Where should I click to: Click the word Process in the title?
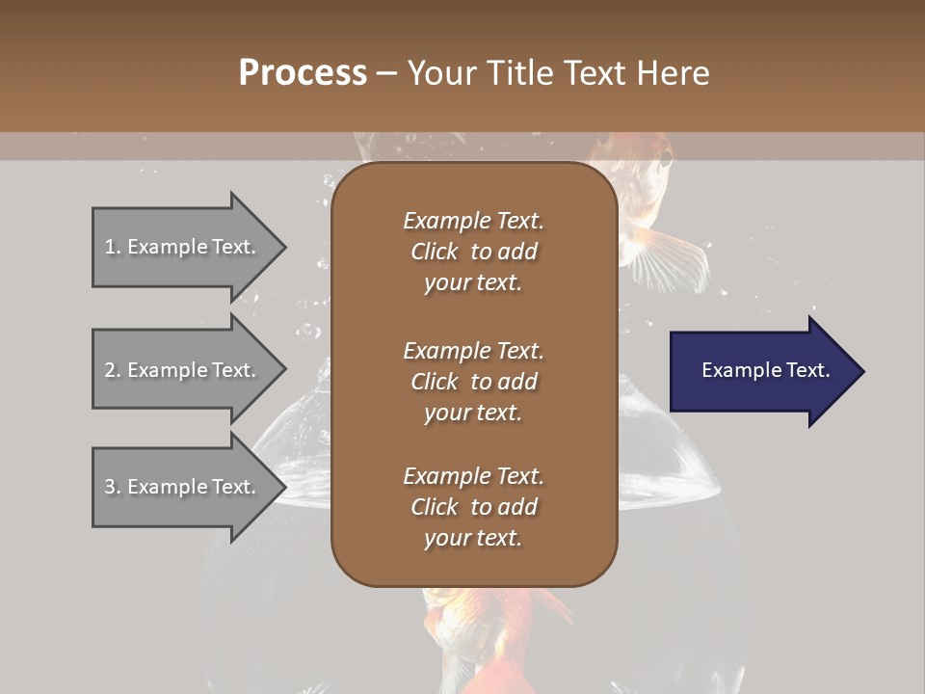tap(303, 73)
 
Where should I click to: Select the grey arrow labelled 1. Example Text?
tap(183, 247)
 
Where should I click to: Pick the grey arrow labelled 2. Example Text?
tap(183, 370)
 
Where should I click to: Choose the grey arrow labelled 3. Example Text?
tap(183, 487)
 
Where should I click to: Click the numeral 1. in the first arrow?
tap(113, 247)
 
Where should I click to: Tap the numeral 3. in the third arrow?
tap(113, 487)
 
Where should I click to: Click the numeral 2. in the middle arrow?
tap(113, 370)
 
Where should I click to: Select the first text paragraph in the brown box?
tap(473, 252)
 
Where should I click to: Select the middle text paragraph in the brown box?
tap(473, 382)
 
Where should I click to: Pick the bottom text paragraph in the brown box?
tap(473, 507)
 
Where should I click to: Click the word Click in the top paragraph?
tap(434, 252)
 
